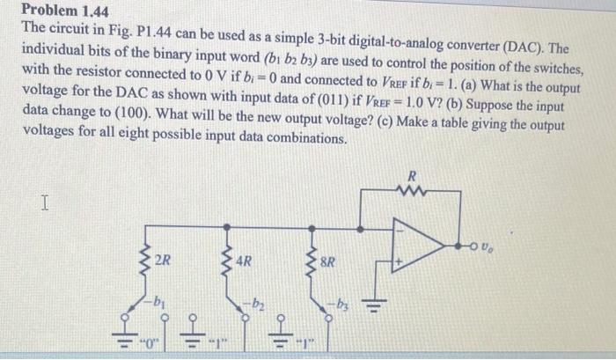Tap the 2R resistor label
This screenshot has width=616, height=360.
(163, 261)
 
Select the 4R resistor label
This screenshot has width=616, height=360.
(244, 261)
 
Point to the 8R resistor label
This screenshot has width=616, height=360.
(328, 261)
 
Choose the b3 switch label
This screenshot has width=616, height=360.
(340, 304)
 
